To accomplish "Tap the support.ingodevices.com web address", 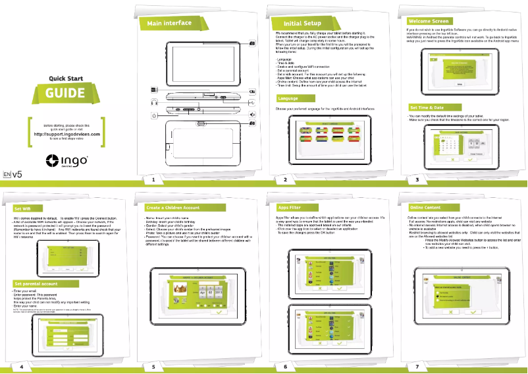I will [66, 134].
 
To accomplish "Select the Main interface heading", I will [169, 23].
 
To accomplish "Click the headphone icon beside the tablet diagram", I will [153, 102].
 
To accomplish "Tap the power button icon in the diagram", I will [153, 115].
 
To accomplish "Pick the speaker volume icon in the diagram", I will [252, 114].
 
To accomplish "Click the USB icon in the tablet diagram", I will [252, 103].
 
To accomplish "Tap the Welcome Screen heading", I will [429, 21].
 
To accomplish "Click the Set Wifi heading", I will [22, 208].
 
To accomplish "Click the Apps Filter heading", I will [290, 208].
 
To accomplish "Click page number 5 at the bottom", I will [153, 365].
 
